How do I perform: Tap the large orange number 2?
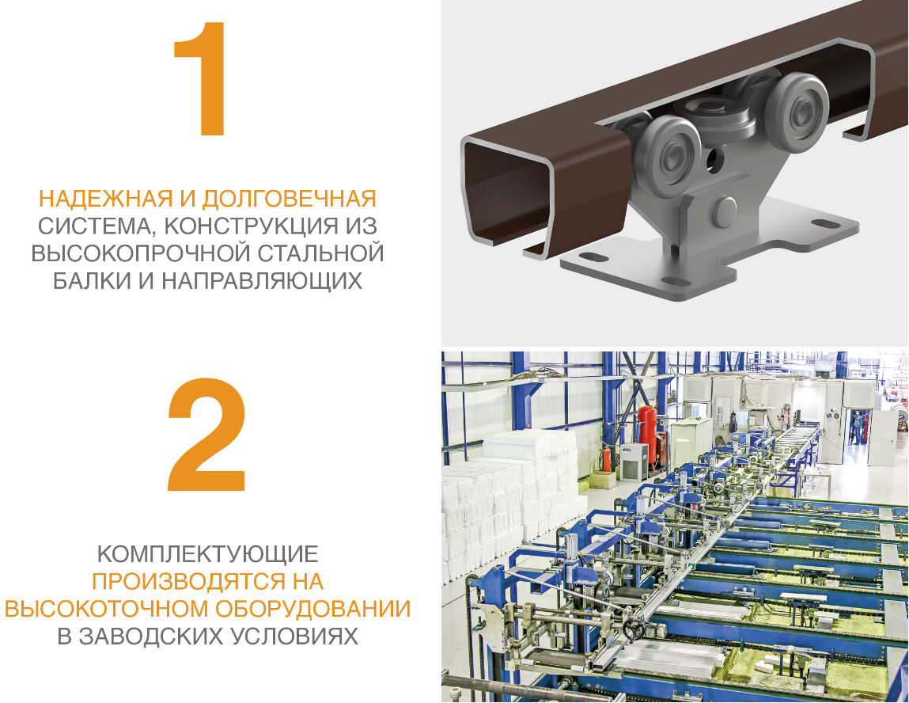(206, 437)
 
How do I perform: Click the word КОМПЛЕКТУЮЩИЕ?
(207, 553)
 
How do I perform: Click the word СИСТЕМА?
(91, 226)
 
